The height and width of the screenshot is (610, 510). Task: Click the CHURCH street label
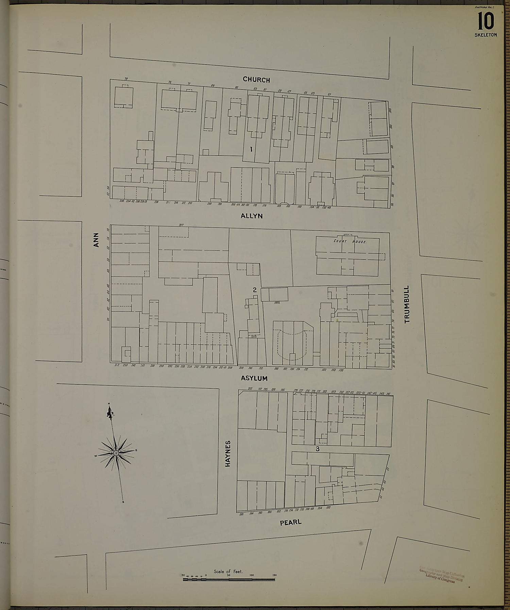(x=256, y=80)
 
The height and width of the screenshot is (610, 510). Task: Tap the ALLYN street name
(x=252, y=216)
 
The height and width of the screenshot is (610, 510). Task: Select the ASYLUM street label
(x=254, y=378)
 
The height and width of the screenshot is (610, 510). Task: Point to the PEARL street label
(x=291, y=522)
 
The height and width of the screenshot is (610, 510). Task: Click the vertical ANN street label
(x=96, y=240)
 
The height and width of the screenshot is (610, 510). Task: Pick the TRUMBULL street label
(x=407, y=304)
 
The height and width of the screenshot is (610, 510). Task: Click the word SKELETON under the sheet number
(x=486, y=35)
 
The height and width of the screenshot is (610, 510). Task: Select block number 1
(x=251, y=149)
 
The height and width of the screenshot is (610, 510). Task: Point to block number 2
(x=254, y=290)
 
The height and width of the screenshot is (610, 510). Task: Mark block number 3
(x=318, y=449)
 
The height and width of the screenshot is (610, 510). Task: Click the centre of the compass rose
(x=116, y=453)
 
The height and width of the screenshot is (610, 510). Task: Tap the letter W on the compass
(x=96, y=455)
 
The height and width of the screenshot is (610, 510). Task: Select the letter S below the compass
(x=123, y=502)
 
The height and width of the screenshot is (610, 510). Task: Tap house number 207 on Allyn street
(x=181, y=225)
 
